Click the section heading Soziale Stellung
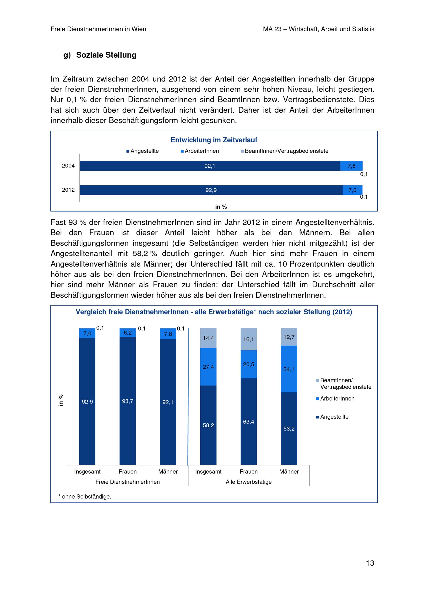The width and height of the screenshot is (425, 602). [106, 55]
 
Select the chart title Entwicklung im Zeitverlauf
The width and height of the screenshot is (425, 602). [214, 140]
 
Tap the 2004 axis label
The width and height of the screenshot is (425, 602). [68, 166]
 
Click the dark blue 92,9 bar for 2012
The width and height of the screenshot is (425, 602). [211, 190]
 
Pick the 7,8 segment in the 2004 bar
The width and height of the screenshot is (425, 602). [351, 166]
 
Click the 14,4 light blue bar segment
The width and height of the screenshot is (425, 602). [208, 338]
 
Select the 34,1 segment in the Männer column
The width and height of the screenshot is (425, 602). [289, 369]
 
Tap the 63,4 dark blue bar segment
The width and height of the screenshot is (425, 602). [248, 422]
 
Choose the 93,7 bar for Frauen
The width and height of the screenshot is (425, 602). [127, 401]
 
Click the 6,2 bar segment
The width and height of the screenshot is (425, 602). [127, 333]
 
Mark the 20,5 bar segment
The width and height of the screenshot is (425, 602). [248, 364]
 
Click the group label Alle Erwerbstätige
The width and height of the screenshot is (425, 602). [248, 482]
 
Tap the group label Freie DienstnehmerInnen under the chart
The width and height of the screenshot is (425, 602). [127, 482]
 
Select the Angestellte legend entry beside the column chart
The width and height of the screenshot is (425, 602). [334, 417]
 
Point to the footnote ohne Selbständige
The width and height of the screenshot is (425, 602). [85, 497]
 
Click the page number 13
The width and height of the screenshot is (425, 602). [370, 563]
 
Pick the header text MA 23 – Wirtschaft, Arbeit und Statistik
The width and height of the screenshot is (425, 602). [318, 29]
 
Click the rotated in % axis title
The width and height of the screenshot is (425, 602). [61, 400]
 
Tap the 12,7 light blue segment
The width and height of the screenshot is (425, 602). [289, 337]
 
